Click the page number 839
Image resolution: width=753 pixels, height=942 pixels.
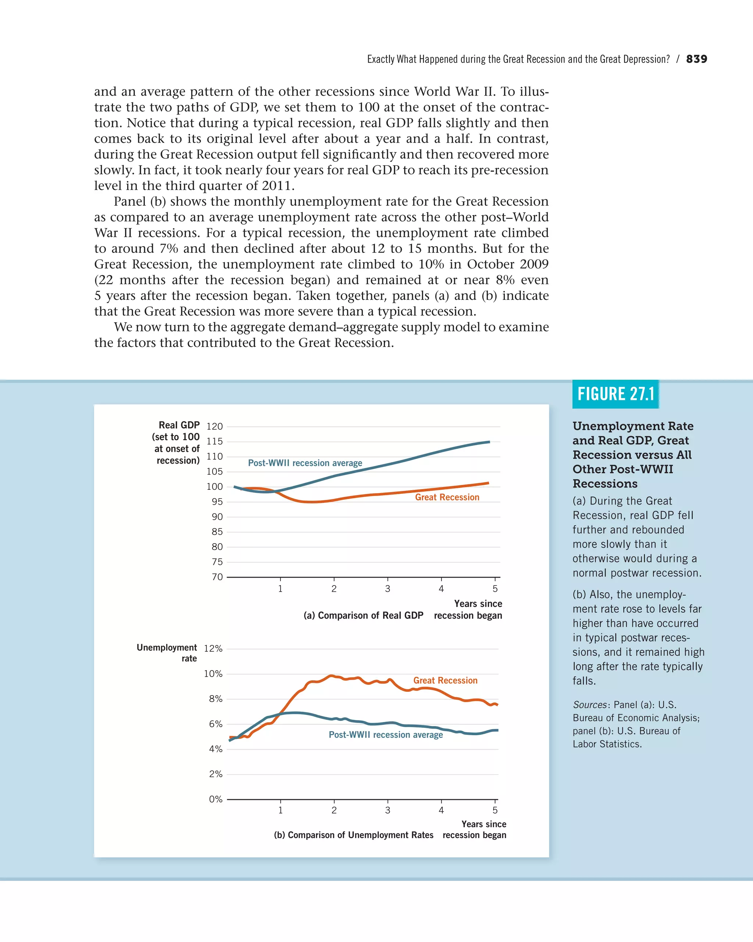(x=696, y=59)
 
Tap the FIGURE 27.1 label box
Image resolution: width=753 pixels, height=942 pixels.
(x=615, y=394)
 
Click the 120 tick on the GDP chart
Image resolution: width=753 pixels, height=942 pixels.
(x=214, y=426)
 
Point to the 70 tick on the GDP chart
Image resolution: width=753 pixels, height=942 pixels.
(x=217, y=577)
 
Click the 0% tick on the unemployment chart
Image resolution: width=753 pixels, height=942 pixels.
(x=215, y=799)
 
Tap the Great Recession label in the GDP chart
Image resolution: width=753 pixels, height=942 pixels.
(x=447, y=497)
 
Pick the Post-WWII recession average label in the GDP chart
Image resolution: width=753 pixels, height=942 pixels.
(x=305, y=463)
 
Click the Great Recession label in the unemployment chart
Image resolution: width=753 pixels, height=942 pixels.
(x=445, y=680)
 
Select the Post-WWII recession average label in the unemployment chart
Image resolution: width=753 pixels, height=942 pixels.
(x=386, y=735)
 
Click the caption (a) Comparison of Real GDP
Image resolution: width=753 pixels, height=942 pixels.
(x=363, y=616)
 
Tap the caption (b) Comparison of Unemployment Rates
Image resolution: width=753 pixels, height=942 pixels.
(x=354, y=835)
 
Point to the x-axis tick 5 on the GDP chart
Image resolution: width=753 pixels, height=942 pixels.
(x=495, y=589)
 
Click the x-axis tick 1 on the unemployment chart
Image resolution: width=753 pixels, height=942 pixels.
(x=280, y=811)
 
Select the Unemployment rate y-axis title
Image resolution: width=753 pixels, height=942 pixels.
(x=167, y=653)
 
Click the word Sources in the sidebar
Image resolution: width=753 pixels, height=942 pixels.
(x=590, y=705)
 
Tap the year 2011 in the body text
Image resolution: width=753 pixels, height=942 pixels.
(x=276, y=186)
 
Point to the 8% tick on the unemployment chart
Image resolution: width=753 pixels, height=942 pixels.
(x=215, y=699)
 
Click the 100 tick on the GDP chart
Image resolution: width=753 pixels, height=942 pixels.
(x=214, y=487)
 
